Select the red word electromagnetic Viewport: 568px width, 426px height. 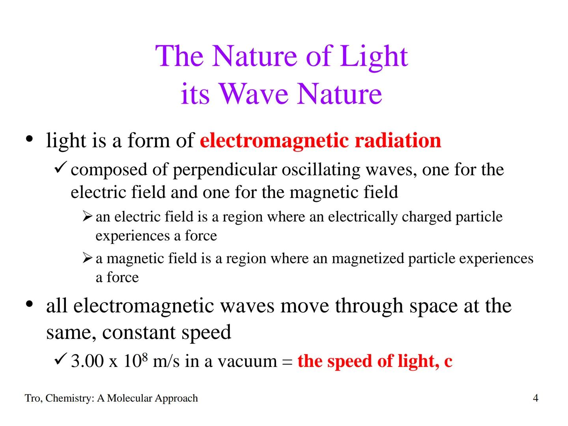tap(274, 140)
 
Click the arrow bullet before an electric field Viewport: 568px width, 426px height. tap(88, 217)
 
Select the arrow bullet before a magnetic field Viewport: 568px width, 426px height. tap(88, 258)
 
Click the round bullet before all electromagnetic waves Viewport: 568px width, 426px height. tap(29, 305)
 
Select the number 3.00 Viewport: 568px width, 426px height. tap(87, 361)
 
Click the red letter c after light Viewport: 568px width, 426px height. tap(448, 361)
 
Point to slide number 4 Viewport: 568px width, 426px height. tap(535, 398)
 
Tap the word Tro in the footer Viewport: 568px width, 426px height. tap(33, 398)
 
